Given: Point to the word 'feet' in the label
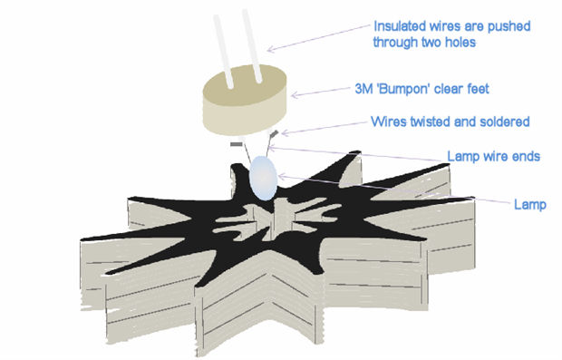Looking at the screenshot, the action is point(478,89).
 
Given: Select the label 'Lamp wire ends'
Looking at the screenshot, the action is point(493,156).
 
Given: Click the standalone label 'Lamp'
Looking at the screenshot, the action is point(530,204).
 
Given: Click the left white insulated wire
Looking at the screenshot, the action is point(224,52).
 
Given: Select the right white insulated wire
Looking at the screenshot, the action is point(252,46).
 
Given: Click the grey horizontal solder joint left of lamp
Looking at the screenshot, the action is point(237,144).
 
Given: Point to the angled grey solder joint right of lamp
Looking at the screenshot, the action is point(274,134).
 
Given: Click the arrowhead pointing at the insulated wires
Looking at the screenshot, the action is point(270,50).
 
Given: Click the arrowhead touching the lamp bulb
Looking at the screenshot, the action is point(281,176).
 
